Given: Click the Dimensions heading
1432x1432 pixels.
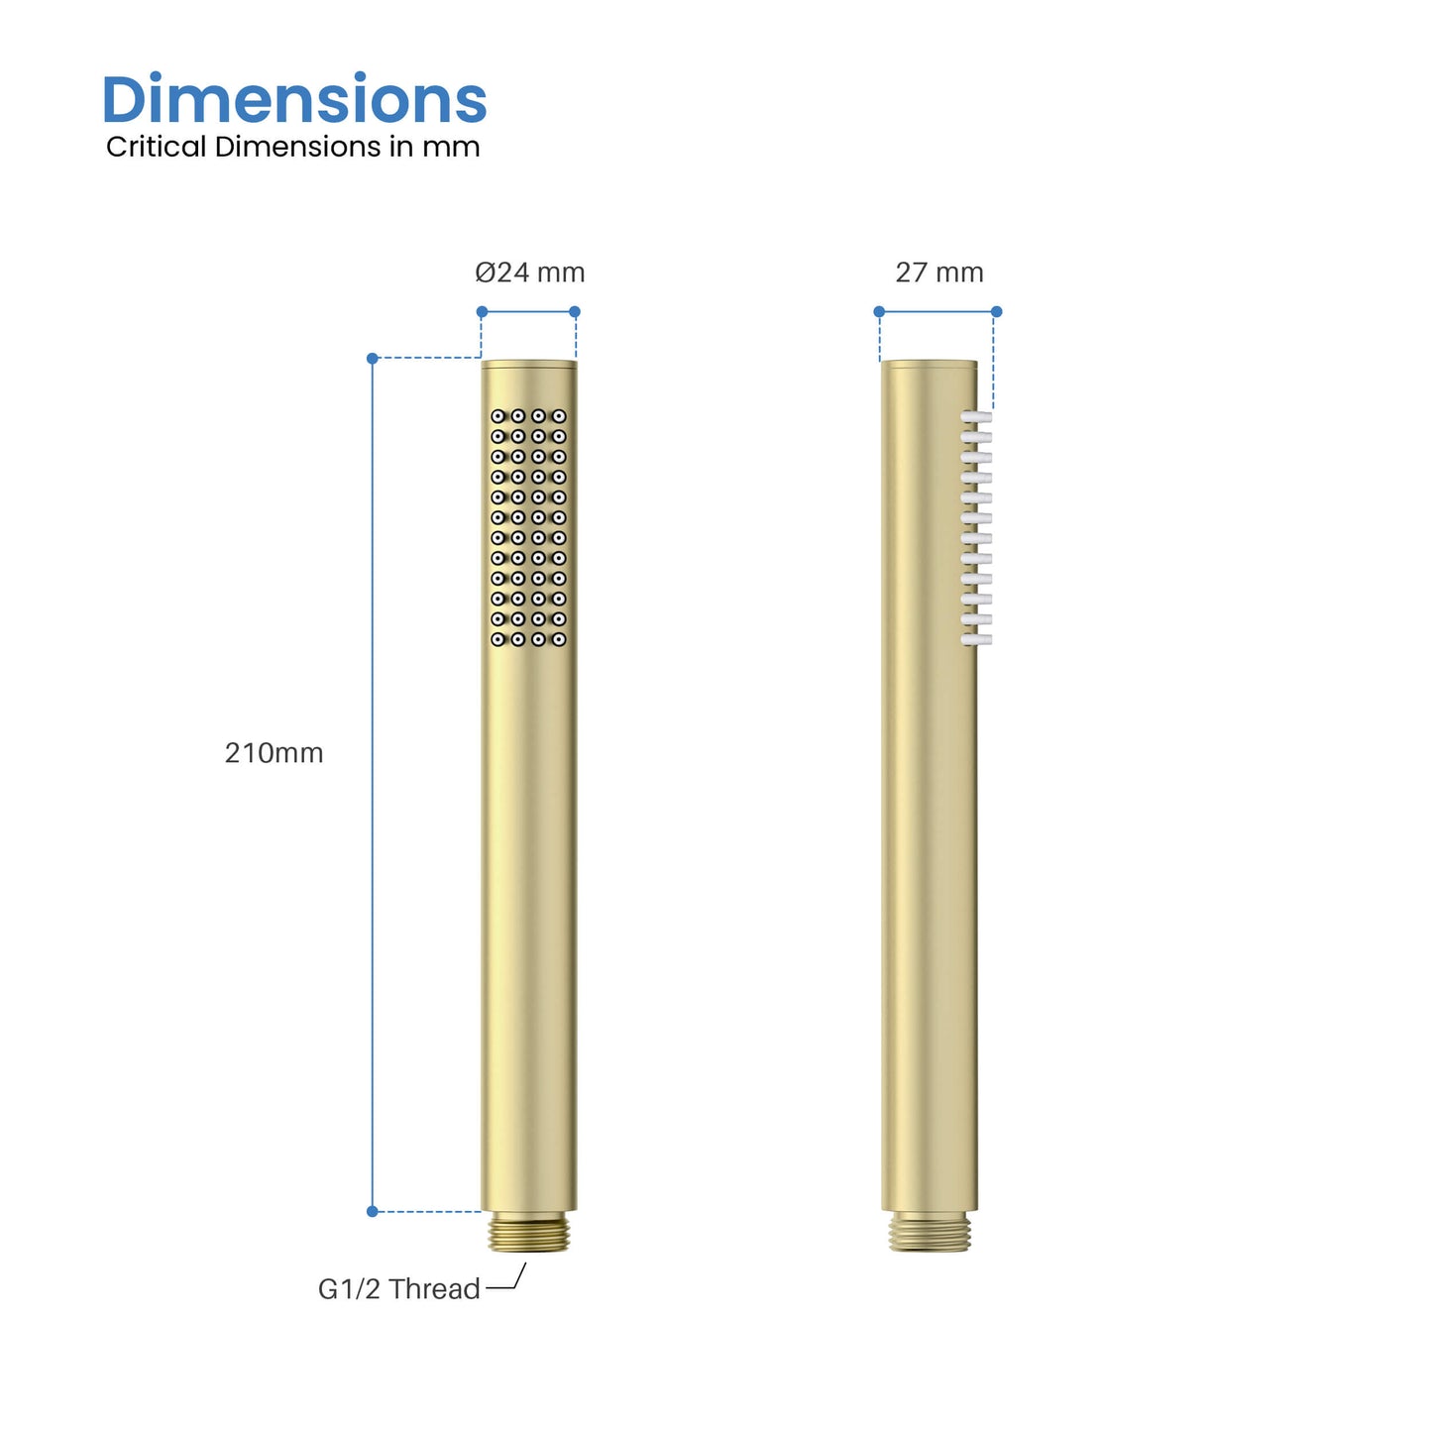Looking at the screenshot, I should (293, 100).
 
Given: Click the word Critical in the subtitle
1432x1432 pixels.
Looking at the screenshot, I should (157, 147).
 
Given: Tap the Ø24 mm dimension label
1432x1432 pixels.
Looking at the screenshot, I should (529, 273).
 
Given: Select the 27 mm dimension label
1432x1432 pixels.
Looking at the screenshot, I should (938, 273).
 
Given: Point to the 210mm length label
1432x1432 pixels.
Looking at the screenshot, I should (274, 753).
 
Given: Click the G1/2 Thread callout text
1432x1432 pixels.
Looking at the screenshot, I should (398, 1288).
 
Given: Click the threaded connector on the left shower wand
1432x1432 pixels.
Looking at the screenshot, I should (529, 1234).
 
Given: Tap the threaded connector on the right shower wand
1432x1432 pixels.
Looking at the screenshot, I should (929, 1234).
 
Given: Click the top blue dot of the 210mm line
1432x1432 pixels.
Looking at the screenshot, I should (373, 358).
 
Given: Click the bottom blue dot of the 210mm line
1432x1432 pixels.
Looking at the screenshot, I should (373, 1211).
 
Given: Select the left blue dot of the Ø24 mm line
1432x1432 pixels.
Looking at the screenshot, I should (482, 311).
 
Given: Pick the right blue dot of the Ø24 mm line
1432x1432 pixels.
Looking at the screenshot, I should (575, 311).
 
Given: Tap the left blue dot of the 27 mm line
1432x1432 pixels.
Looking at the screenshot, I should (879, 311).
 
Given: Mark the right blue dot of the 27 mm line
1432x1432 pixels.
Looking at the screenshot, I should (997, 311).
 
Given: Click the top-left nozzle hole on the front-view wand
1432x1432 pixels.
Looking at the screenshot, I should (497, 416).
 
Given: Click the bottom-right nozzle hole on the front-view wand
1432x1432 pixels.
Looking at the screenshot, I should (559, 639).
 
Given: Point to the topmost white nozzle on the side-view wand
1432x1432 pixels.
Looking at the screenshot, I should (977, 417).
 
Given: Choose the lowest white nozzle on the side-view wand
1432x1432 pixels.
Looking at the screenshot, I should (977, 640).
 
